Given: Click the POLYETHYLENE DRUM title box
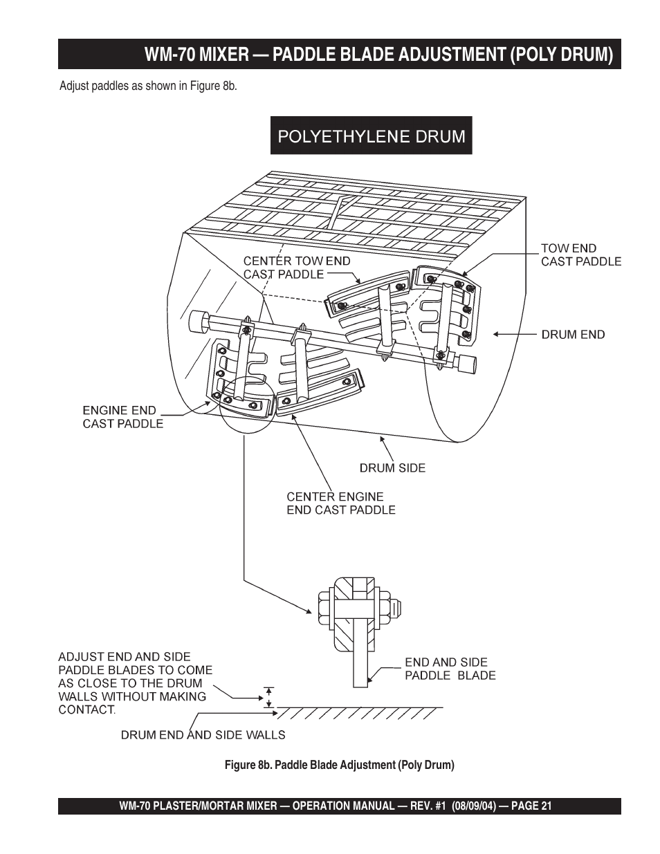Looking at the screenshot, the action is point(371,136).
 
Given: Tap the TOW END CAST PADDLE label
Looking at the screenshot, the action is point(581,255).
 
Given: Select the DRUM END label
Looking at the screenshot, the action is point(573,335).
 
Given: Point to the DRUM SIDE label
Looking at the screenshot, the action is point(392,468).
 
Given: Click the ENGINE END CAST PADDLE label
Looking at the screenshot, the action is point(122,417).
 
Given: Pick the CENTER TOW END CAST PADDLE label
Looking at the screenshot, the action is point(297,268).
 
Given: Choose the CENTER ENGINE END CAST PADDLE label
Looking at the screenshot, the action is point(341,503).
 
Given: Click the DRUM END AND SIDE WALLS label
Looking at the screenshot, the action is point(203,735).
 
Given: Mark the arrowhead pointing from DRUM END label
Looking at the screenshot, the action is point(496,334).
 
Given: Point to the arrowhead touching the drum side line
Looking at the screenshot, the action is point(382,439).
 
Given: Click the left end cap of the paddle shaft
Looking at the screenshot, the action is point(200,320).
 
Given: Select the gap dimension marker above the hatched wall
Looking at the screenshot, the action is point(269,698).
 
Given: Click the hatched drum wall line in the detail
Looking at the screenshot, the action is point(360,713).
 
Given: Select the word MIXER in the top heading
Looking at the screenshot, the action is point(224,54).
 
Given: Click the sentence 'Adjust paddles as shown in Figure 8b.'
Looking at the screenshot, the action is point(148,86).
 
